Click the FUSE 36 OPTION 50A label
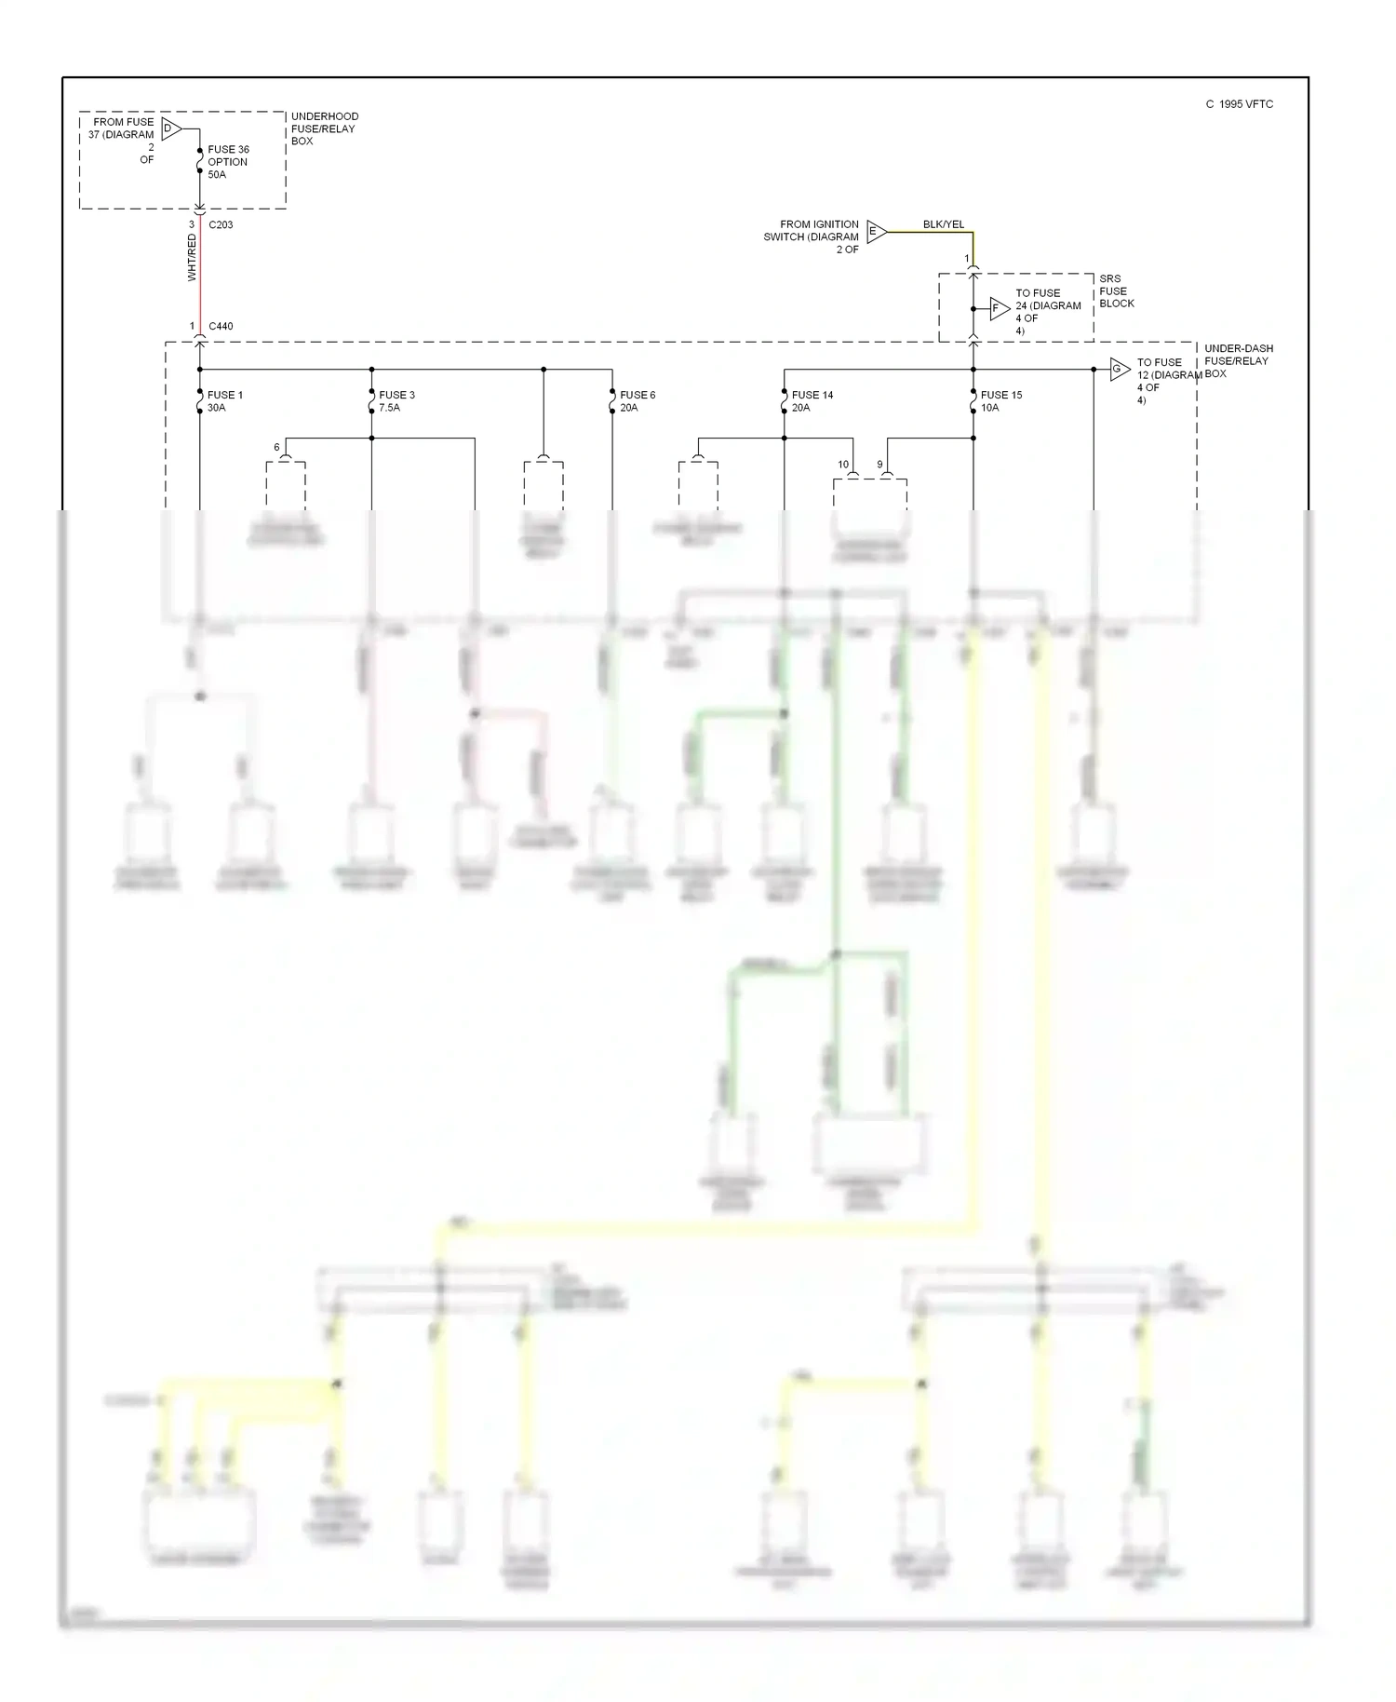click(x=228, y=162)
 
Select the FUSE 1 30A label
click(x=224, y=401)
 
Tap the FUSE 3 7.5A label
click(x=396, y=401)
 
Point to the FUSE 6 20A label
click(x=638, y=401)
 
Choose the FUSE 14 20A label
click(x=812, y=401)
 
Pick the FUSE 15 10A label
click(x=1000, y=401)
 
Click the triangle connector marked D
click(x=171, y=128)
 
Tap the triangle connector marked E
click(x=876, y=232)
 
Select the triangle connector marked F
click(x=999, y=308)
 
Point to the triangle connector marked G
click(x=1119, y=370)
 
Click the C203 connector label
click(x=221, y=225)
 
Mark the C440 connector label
click(x=221, y=327)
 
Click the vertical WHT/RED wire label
click(x=192, y=258)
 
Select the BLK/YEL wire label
click(x=943, y=224)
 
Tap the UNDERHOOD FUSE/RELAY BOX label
click(x=324, y=128)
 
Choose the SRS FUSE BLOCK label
click(x=1116, y=291)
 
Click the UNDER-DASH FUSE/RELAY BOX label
click(x=1238, y=361)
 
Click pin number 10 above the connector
click(x=843, y=465)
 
